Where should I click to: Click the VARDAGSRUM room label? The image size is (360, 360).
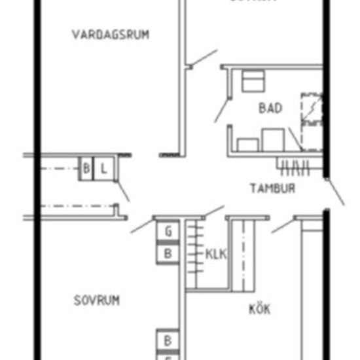point(110,34)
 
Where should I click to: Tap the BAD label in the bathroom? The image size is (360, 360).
point(270,108)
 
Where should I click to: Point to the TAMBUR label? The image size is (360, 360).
point(272,189)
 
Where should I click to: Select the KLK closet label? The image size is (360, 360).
point(216,254)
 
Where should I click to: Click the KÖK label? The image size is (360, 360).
point(259,309)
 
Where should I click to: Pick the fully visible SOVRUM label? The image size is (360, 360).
point(96,300)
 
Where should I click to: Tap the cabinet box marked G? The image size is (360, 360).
point(168,231)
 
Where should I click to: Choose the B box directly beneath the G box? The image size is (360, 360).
point(168,253)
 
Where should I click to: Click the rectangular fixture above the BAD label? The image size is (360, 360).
point(252,82)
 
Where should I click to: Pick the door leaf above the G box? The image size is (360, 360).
point(142,225)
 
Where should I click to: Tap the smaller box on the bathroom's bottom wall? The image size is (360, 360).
point(248,144)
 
